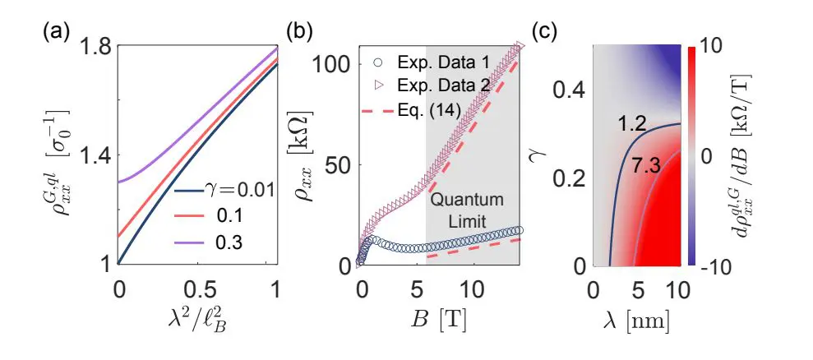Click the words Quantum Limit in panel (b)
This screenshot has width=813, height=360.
pyautogui.click(x=472, y=211)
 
